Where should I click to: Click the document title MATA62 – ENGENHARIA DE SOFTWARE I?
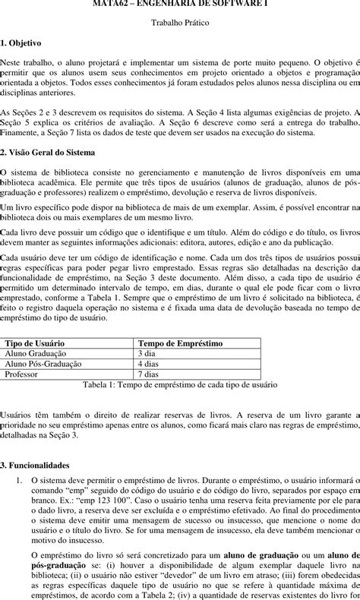180,4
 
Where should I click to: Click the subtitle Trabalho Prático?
180,24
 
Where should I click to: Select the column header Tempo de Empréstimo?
180,343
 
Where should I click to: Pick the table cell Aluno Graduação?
36,354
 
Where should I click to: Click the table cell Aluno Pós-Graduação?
43,364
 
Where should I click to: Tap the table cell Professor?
22,374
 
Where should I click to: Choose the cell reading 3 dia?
147,354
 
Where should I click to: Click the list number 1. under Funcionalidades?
20,481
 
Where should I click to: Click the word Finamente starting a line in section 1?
20,132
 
